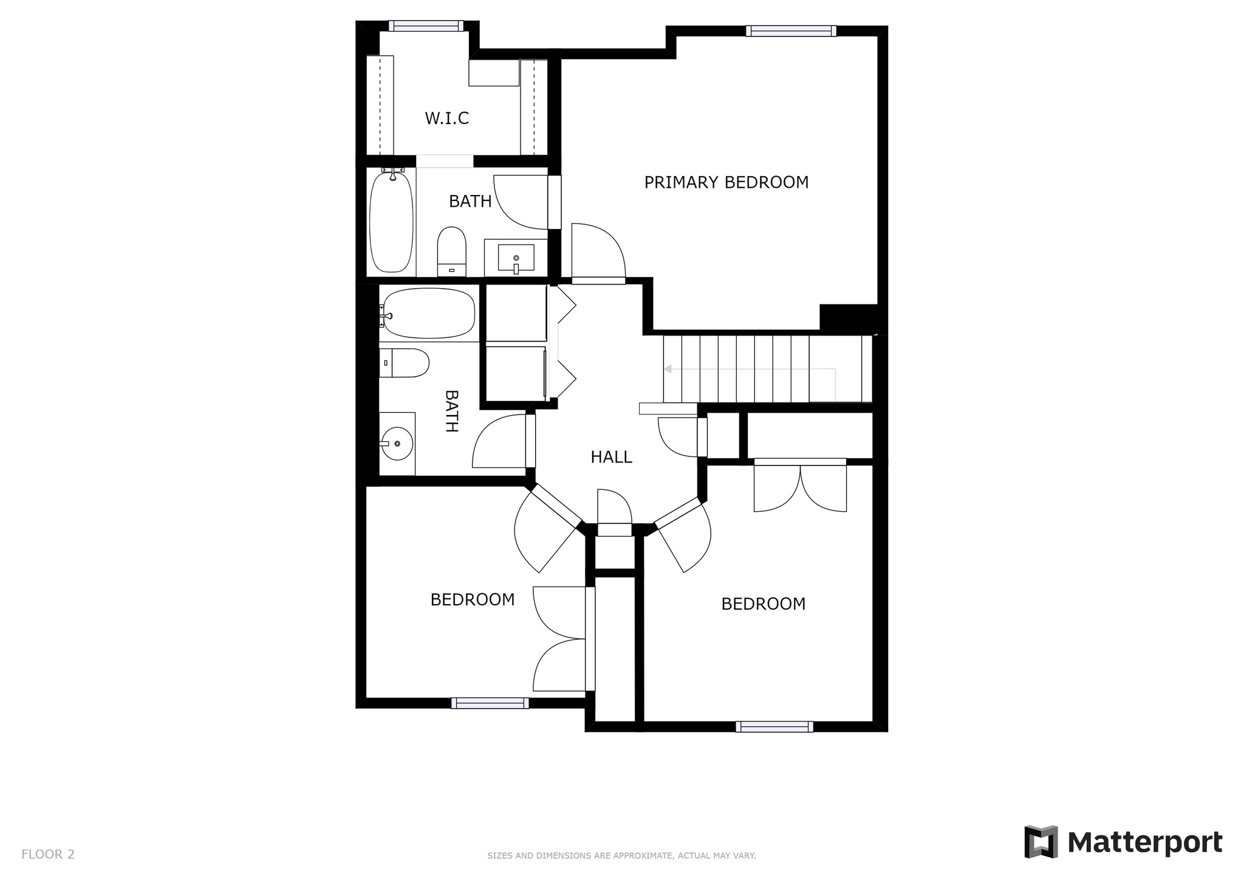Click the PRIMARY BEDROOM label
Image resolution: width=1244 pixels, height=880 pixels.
click(726, 182)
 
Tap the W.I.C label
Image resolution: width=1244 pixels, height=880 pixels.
click(446, 118)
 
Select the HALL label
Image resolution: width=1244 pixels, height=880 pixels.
click(611, 457)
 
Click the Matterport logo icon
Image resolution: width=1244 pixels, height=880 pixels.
click(1041, 842)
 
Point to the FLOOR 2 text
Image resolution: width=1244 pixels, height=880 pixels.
click(48, 854)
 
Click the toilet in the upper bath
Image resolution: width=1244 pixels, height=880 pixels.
click(451, 252)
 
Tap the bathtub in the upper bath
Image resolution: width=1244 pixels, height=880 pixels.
click(392, 222)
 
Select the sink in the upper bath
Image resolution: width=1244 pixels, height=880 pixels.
click(516, 257)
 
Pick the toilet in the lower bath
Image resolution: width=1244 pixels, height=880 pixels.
click(404, 363)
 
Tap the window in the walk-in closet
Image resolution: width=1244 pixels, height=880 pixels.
click(426, 26)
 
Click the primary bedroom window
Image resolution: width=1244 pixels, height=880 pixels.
click(791, 31)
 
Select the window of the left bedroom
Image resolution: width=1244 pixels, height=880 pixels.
click(490, 703)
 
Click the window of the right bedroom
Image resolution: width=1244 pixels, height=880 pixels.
click(774, 727)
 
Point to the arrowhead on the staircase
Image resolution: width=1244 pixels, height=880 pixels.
click(668, 369)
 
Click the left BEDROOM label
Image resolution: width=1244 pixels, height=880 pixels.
click(473, 600)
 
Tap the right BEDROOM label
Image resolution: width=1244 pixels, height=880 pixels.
click(764, 604)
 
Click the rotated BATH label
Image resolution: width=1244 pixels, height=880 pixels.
click(451, 411)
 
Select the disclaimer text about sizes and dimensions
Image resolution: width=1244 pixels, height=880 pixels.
click(621, 856)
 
